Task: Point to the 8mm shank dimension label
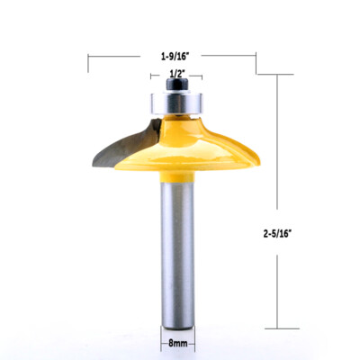click(x=176, y=342)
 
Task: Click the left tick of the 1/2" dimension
click(x=154, y=77)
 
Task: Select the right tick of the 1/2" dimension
click(x=202, y=77)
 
